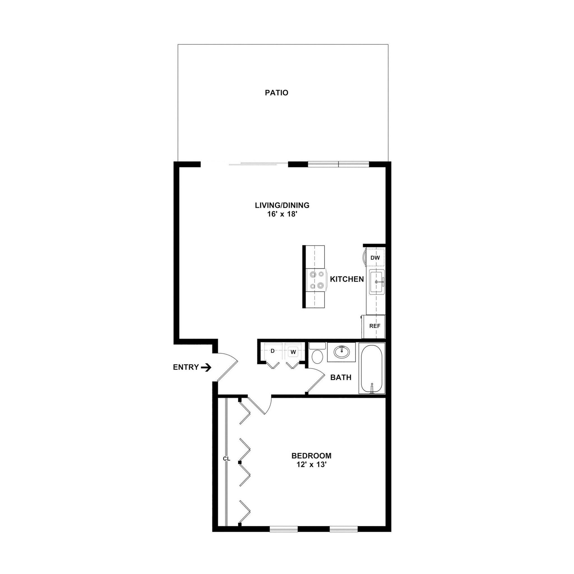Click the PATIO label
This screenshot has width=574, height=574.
(276, 93)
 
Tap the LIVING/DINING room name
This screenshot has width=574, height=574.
(282, 205)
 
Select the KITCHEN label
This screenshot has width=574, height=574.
(347, 279)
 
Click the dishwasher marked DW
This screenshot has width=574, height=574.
(375, 258)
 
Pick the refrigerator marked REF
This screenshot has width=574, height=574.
(374, 326)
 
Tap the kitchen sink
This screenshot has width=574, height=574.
(377, 282)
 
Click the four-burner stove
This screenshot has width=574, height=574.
(316, 279)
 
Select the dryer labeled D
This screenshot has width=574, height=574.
(272, 351)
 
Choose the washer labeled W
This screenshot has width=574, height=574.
(293, 352)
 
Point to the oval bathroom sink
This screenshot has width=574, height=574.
(341, 352)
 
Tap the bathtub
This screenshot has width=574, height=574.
(372, 368)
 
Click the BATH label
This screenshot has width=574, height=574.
(341, 377)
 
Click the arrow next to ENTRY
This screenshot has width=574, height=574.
(206, 368)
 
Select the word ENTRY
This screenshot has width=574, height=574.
(186, 367)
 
